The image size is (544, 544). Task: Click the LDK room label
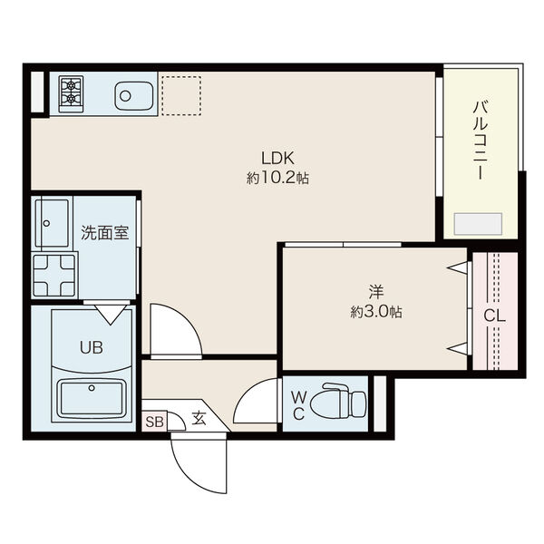(277, 158)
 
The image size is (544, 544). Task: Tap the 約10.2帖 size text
(277, 179)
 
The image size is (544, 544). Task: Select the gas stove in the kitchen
(71, 93)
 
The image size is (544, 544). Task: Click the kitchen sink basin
(134, 96)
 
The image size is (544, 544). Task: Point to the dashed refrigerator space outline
(181, 96)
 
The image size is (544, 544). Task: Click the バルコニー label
(481, 140)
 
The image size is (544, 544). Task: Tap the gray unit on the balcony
(478, 224)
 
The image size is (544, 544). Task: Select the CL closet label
(494, 316)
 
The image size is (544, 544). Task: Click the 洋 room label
(375, 292)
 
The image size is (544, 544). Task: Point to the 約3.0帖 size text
(376, 312)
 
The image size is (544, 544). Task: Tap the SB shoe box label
(154, 422)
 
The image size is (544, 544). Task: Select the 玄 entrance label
(199, 418)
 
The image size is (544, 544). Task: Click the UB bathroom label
(92, 347)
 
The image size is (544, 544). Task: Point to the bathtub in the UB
(92, 398)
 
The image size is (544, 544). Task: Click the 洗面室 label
(105, 232)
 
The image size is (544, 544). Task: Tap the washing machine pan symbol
(54, 276)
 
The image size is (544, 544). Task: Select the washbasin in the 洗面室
(54, 223)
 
